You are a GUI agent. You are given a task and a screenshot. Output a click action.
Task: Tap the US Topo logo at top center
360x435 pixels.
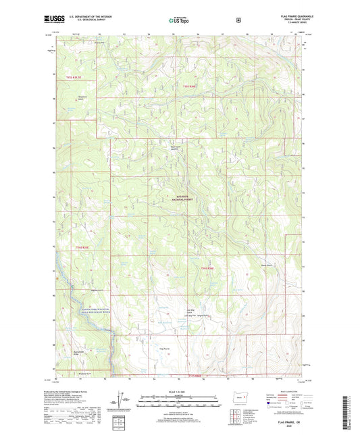coord(179,20)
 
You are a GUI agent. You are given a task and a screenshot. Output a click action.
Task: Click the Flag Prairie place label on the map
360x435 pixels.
coord(164,349)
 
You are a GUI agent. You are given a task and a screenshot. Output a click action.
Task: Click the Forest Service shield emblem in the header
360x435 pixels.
coord(237,20)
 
